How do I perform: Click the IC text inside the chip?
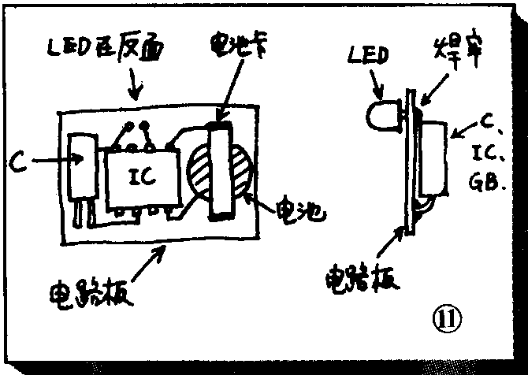(x=142, y=179)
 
